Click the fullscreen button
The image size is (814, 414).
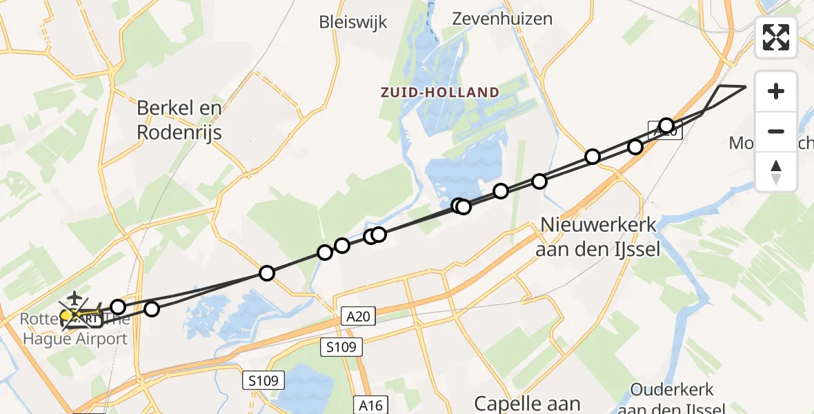[x=776, y=37]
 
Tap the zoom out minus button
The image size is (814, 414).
[x=776, y=131]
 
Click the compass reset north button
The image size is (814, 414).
[x=776, y=171]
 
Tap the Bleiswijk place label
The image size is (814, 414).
[x=353, y=22]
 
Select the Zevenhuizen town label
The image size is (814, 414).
[x=502, y=19]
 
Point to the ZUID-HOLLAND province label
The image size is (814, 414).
[x=440, y=92]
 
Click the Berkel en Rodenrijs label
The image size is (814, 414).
[x=179, y=119]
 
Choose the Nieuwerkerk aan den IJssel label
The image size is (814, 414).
[x=597, y=236]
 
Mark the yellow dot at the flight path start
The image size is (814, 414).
[x=67, y=317]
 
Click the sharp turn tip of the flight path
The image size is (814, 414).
[x=746, y=87]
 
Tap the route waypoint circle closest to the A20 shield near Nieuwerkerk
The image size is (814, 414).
[x=666, y=125]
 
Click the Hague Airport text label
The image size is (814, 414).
[x=76, y=338]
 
